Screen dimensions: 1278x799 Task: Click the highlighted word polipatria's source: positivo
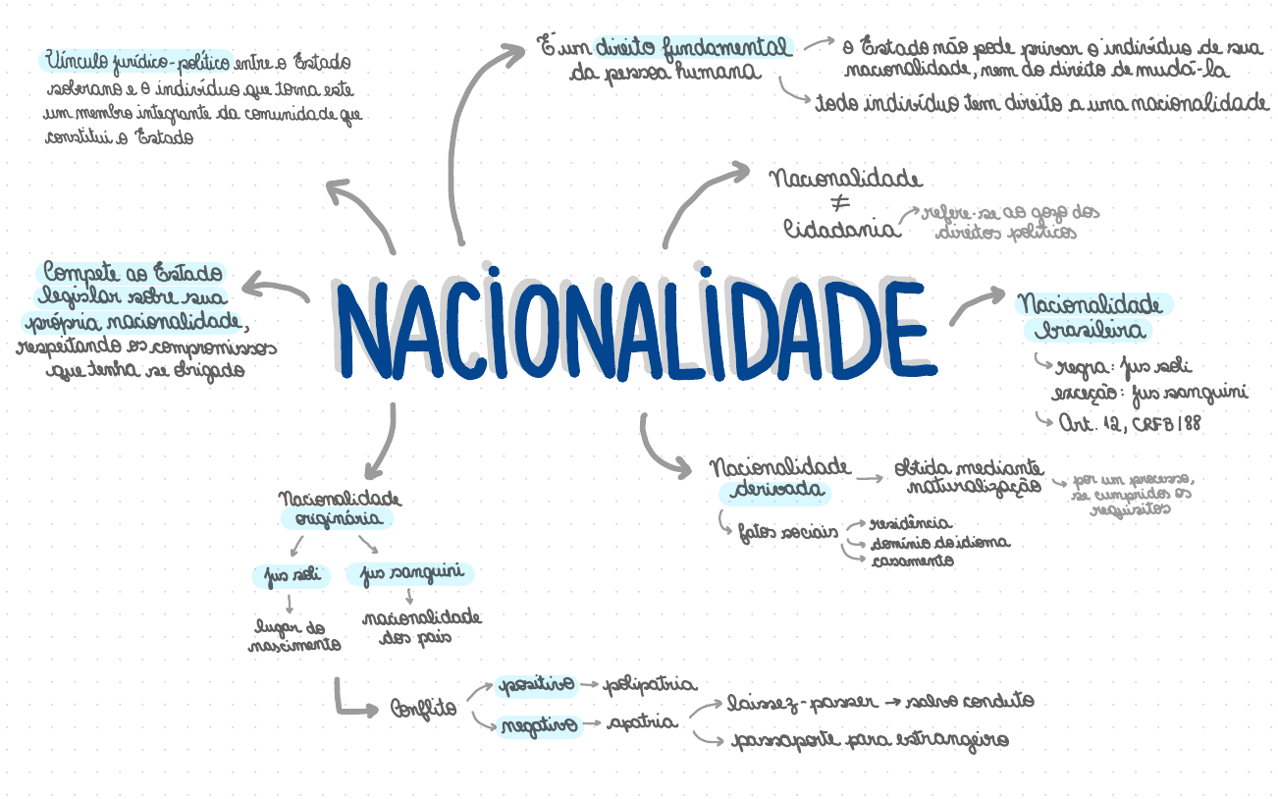pos(535,684)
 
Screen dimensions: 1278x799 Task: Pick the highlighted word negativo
pos(538,726)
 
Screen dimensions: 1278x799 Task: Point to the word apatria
pos(642,723)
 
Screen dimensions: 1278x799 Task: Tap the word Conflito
pos(424,707)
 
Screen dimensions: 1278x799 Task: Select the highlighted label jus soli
pos(291,574)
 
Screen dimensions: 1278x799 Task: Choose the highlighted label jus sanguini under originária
pos(410,573)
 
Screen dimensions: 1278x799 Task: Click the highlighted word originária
pos(337,519)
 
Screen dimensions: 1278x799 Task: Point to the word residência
pos(911,524)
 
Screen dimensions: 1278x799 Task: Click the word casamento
pos(912,560)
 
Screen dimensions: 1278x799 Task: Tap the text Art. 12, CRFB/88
pos(1129,423)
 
